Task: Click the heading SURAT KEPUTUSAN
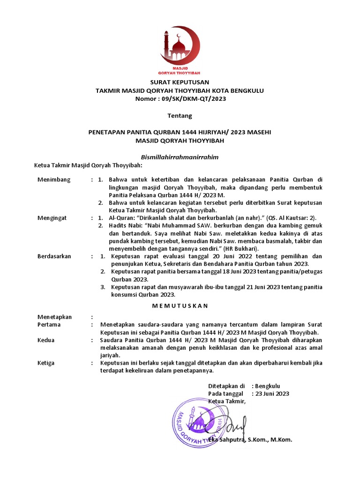click(180, 82)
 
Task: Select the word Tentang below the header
click(180, 115)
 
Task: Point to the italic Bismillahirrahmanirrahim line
click(180, 157)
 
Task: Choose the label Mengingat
click(52, 218)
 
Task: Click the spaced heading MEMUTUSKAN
click(180, 305)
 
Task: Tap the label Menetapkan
click(54, 317)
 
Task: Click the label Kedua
click(46, 340)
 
